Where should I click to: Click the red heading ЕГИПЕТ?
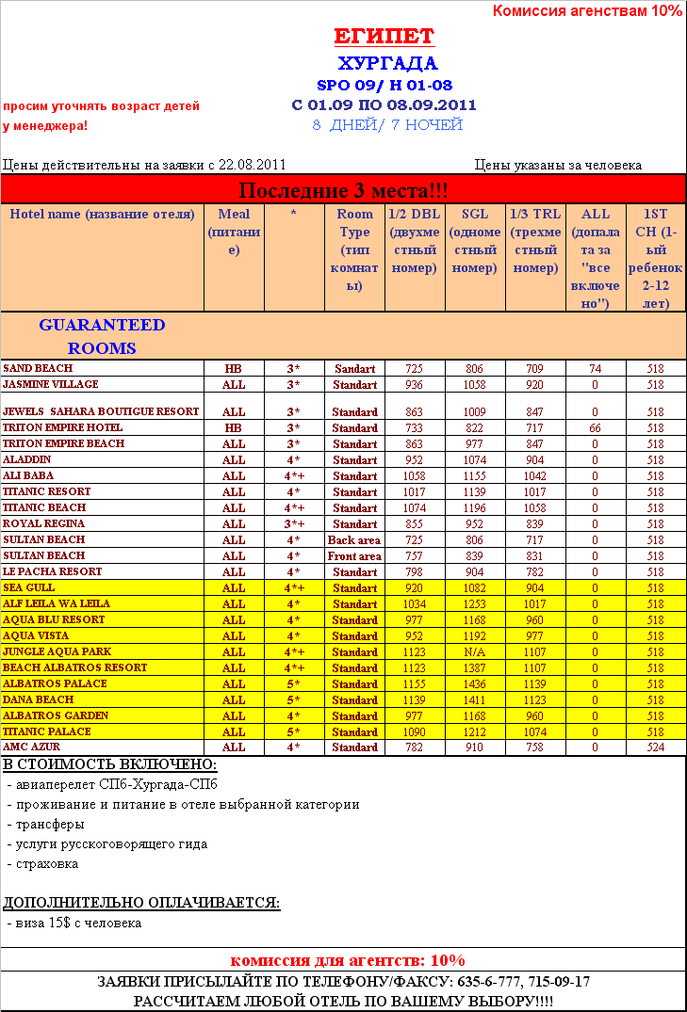tap(384, 37)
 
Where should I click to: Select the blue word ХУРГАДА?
tap(387, 64)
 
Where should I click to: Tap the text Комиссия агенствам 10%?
tap(587, 11)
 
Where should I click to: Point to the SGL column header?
tap(475, 241)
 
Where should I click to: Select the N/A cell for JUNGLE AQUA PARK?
tap(475, 652)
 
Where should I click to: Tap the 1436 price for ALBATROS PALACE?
tap(475, 684)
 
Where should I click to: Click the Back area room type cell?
tap(354, 540)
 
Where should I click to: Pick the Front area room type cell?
tap(354, 556)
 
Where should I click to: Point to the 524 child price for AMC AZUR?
tap(656, 747)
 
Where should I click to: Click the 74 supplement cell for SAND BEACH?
tap(595, 369)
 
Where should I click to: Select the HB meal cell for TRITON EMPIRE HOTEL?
tap(234, 428)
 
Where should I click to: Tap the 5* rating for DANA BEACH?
tap(294, 700)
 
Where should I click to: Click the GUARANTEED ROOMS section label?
tap(102, 336)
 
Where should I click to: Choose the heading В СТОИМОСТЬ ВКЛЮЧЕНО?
tap(110, 764)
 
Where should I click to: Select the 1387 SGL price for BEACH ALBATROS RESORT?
tap(475, 668)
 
